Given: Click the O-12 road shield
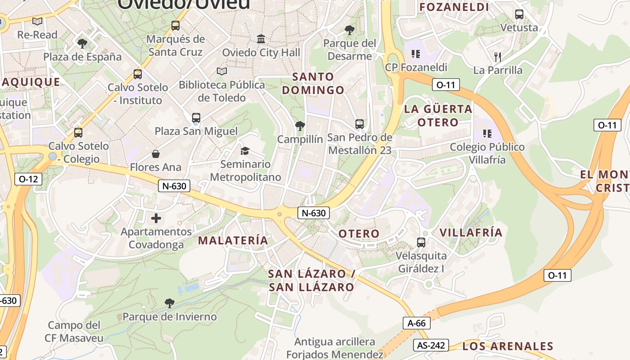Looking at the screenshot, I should click(x=28, y=179).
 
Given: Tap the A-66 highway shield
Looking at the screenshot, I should click(x=416, y=323).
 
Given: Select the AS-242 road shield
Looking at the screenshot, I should click(x=431, y=345).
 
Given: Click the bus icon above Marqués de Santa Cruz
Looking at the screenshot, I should click(x=175, y=26).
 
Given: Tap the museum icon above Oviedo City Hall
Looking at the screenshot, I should click(x=261, y=39).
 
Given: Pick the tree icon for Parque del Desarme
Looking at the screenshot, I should click(x=349, y=30).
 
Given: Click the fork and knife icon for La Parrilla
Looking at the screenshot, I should click(x=497, y=57).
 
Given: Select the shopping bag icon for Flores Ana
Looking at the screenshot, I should click(x=156, y=154).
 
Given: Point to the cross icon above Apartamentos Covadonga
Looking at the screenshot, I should click(x=156, y=218).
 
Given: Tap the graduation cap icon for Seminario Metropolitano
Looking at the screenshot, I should click(x=245, y=151).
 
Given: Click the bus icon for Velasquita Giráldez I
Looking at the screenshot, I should click(x=421, y=243).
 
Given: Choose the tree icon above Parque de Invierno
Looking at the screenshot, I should click(x=169, y=303).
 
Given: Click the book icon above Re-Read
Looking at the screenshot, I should click(x=37, y=21).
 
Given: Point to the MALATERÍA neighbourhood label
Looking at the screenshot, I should click(x=233, y=240).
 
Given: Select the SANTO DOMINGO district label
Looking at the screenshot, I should click(x=313, y=83).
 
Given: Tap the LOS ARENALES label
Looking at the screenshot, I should click(x=508, y=346).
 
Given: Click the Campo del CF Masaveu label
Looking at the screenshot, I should click(x=75, y=332).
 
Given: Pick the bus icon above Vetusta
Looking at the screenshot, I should click(x=519, y=14).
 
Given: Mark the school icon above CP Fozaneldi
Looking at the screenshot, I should click(x=416, y=54).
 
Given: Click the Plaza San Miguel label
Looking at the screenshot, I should click(x=196, y=131).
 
